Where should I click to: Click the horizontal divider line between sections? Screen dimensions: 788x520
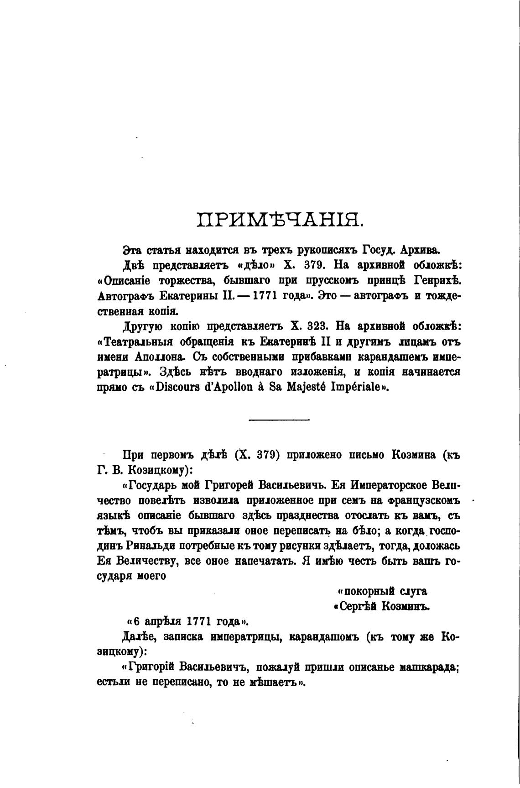tap(279, 420)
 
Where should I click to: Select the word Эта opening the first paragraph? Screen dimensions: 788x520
tap(133, 250)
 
